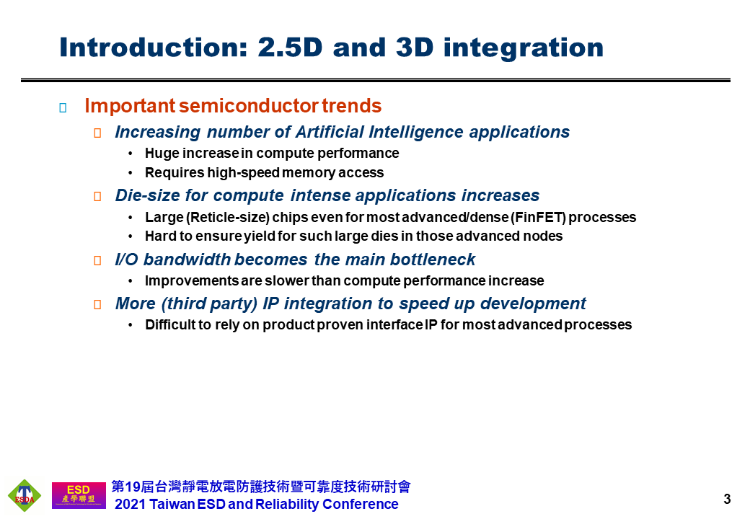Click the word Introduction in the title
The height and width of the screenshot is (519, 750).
click(x=154, y=48)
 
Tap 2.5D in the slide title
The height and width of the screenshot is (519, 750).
click(x=290, y=48)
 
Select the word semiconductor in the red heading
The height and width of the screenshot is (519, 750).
click(x=249, y=106)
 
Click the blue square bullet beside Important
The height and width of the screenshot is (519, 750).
click(x=63, y=107)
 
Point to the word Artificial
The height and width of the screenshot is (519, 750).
click(x=330, y=132)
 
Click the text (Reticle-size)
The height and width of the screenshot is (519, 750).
click(x=227, y=218)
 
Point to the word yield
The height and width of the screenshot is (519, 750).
click(x=259, y=236)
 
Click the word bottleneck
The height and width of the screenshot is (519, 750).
click(x=433, y=259)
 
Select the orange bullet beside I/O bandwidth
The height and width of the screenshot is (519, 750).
click(x=97, y=260)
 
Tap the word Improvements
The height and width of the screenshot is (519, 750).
click(x=192, y=280)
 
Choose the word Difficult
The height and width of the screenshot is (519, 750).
click(x=170, y=325)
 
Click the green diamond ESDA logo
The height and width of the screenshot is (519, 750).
click(x=25, y=496)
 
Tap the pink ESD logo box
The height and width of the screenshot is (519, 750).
click(x=79, y=495)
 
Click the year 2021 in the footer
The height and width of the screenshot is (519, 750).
click(x=130, y=504)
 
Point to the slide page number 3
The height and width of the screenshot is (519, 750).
click(x=727, y=500)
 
